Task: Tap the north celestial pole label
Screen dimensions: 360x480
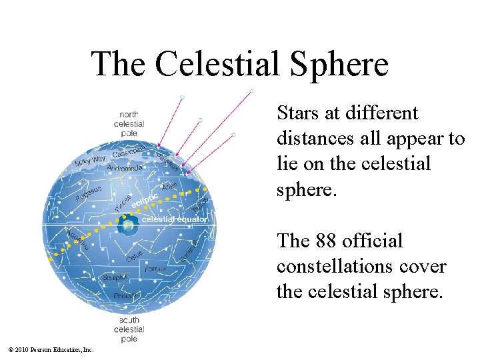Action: [129, 123]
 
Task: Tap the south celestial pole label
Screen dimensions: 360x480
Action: [129, 329]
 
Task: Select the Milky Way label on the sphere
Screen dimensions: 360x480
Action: [90, 161]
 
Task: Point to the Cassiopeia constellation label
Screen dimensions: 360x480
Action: [129, 151]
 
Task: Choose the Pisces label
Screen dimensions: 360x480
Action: [123, 201]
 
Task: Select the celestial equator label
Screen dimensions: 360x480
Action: [175, 219]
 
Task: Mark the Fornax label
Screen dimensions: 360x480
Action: [155, 270]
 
